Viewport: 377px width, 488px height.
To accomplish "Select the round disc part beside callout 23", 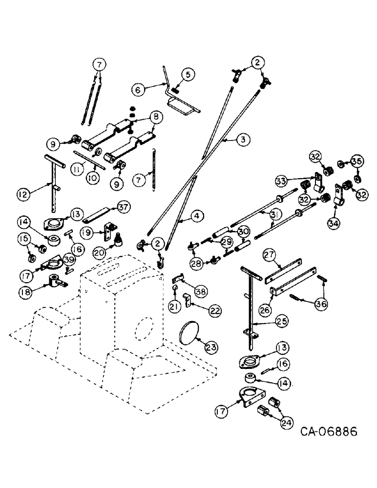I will click(x=190, y=333).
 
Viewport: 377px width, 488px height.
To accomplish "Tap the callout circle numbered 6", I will click(x=138, y=90).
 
